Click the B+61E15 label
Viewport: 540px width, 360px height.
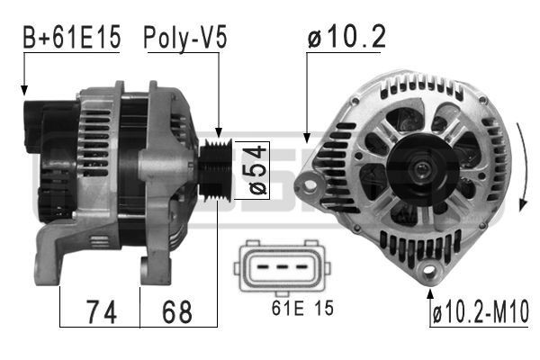(x=71, y=39)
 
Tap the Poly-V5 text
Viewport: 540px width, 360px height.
(x=184, y=39)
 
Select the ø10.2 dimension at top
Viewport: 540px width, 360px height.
(x=346, y=37)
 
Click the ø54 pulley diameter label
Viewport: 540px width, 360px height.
(x=255, y=170)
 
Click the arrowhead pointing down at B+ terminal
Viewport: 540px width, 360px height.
(x=24, y=90)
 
